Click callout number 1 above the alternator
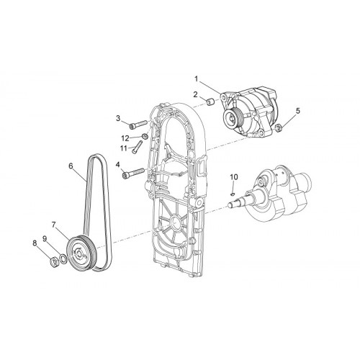point(197,78)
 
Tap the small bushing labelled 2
point(211,102)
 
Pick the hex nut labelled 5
point(278,128)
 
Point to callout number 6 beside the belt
point(71,166)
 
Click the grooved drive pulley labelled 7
point(81,253)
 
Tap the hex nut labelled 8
point(53,261)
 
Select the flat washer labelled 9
point(63,259)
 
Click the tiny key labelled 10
point(233,192)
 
